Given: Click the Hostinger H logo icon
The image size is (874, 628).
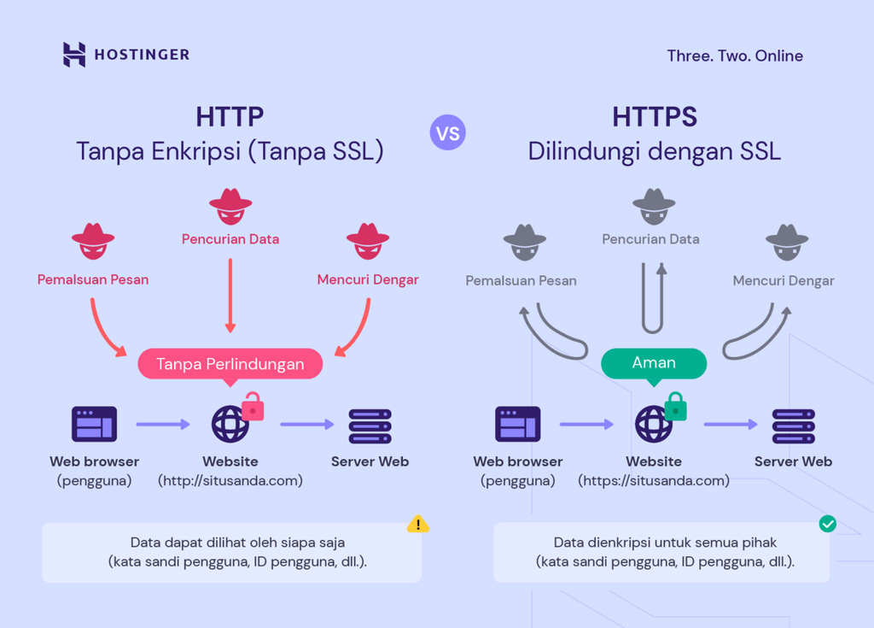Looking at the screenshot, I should point(74,55).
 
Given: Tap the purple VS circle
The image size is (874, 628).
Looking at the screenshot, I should point(448,133).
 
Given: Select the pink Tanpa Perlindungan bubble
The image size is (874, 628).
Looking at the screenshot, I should point(230,364).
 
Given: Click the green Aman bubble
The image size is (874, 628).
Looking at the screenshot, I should point(654,363).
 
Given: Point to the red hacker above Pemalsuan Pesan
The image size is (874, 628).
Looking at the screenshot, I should point(93,242).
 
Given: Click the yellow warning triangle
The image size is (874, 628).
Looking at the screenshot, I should point(418,524).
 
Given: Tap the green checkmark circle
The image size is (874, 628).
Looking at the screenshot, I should point(827,524).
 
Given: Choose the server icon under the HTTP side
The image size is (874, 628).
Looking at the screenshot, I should point(370,426).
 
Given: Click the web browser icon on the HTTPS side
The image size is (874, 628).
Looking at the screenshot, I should point(518,424).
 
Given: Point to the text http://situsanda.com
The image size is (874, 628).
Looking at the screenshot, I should point(230,481).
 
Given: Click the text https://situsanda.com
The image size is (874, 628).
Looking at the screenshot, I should point(654,481).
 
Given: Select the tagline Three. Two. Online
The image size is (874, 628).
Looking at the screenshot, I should point(735,56).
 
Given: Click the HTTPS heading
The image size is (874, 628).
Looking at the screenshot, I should point(655,116).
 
